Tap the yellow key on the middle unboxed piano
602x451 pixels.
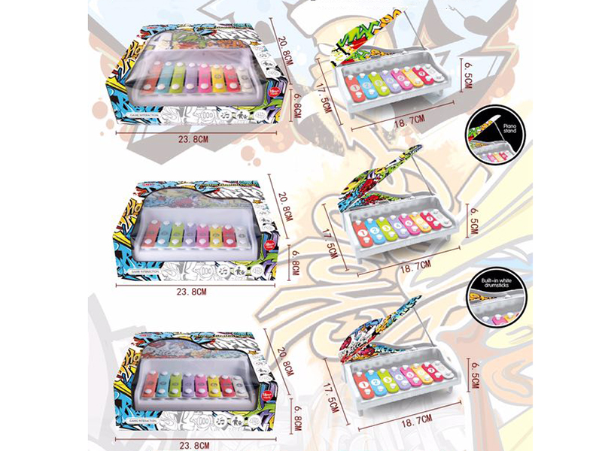click(425, 222)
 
